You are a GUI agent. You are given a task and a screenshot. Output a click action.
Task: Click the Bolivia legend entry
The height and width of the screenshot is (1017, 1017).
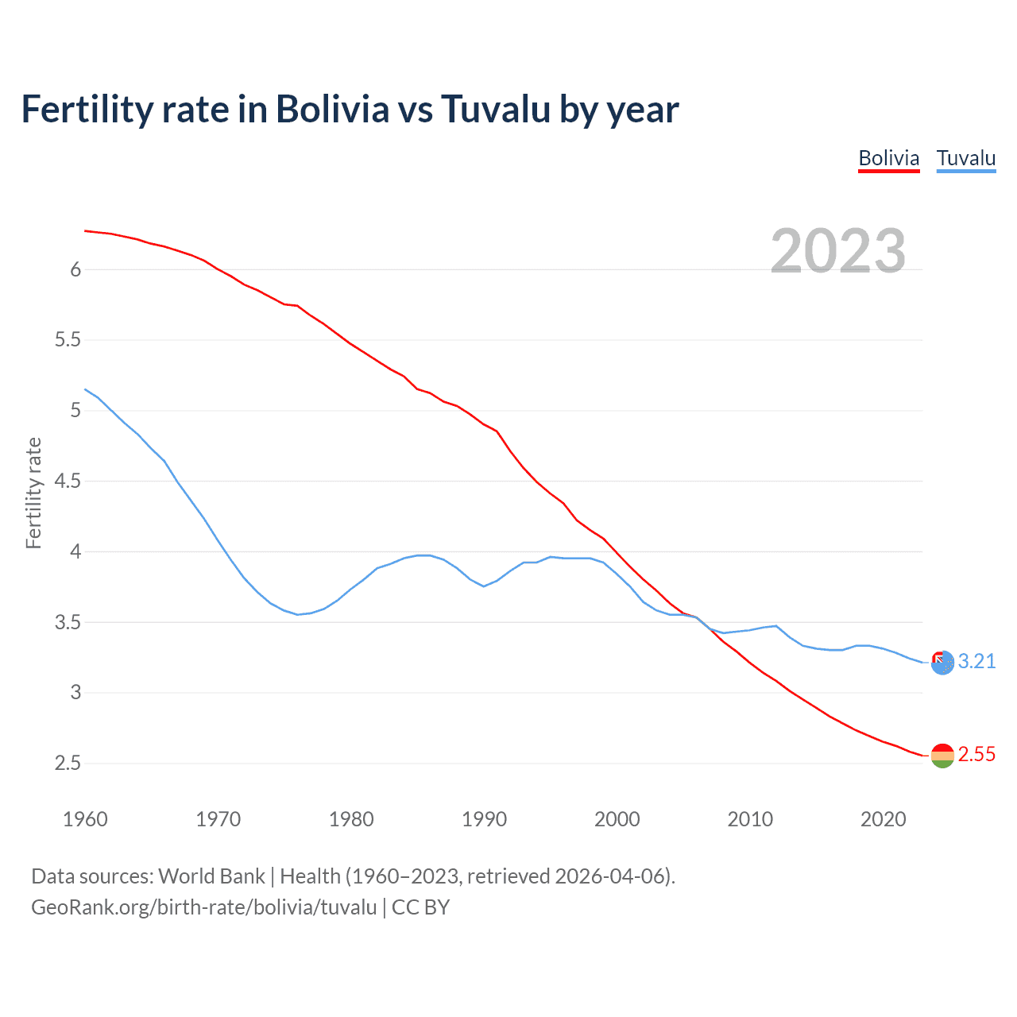pyautogui.click(x=888, y=158)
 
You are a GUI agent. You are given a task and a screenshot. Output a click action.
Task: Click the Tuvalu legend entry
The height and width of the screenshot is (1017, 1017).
pyautogui.click(x=965, y=158)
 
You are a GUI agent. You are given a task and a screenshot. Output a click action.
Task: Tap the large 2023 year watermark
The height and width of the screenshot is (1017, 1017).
pyautogui.click(x=837, y=251)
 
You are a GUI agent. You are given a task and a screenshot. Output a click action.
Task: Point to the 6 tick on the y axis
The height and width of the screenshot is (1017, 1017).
pyautogui.click(x=75, y=269)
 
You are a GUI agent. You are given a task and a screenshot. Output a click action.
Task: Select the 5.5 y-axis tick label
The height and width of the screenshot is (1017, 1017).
pyautogui.click(x=68, y=340)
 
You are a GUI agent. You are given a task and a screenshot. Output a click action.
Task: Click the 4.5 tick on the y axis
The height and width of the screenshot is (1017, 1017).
pyautogui.click(x=68, y=481)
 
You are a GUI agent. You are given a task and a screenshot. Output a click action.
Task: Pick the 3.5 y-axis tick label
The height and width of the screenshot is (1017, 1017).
pyautogui.click(x=68, y=622)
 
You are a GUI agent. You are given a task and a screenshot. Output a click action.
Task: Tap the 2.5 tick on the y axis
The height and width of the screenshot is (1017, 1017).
pyautogui.click(x=68, y=764)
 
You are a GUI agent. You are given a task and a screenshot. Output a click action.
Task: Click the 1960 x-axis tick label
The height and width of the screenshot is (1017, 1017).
pyautogui.click(x=85, y=819)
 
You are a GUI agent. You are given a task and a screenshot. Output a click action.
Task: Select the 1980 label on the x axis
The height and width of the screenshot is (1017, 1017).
pyautogui.click(x=351, y=819)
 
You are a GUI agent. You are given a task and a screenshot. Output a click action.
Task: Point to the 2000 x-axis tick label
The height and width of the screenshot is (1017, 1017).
pyautogui.click(x=617, y=819)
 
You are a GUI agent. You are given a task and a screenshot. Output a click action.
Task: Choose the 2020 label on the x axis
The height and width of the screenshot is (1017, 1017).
pyautogui.click(x=883, y=819)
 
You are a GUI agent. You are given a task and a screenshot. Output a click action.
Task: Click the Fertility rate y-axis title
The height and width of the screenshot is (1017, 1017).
pyautogui.click(x=33, y=493)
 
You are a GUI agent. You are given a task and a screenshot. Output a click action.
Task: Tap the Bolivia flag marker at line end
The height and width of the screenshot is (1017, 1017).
pyautogui.click(x=942, y=756)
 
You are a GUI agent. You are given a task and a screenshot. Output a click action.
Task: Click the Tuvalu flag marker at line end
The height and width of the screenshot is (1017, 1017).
pyautogui.click(x=942, y=662)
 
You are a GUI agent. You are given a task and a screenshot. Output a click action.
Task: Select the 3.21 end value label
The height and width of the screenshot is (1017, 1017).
pyautogui.click(x=976, y=661)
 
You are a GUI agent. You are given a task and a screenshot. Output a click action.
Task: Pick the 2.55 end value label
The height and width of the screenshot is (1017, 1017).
pyautogui.click(x=976, y=754)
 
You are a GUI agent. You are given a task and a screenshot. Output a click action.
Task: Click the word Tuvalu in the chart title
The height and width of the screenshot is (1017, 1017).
pyautogui.click(x=495, y=109)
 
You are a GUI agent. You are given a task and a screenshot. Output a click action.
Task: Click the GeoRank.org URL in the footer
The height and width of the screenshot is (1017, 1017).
pyautogui.click(x=203, y=907)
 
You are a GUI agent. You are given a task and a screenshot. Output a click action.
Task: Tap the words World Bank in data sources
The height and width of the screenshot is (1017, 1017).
pyautogui.click(x=211, y=876)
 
